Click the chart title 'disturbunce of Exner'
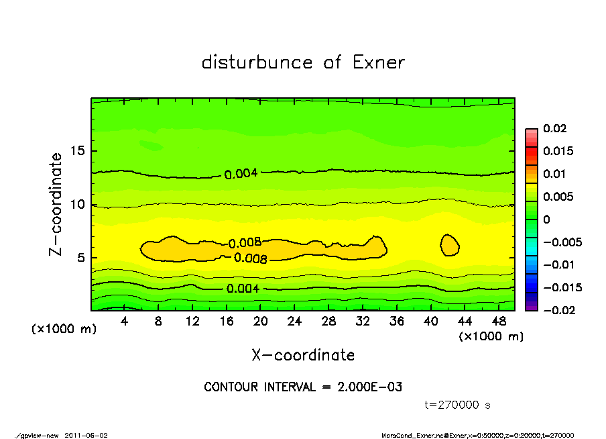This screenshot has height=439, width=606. [x=303, y=62]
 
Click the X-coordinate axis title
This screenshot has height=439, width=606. [x=303, y=354]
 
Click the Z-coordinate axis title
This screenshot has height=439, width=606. [x=56, y=204]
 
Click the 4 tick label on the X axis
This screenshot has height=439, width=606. [x=124, y=322]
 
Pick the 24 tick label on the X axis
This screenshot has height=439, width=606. [x=294, y=322]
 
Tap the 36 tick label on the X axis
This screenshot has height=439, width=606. [x=396, y=322]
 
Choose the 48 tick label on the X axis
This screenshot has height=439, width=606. [x=498, y=322]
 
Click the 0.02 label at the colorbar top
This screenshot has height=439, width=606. [x=554, y=128]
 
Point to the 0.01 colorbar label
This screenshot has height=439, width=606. [x=554, y=174]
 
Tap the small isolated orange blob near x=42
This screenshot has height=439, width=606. [x=449, y=244]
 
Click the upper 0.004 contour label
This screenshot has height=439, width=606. [x=241, y=174]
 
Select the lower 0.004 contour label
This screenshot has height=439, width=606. [x=243, y=289]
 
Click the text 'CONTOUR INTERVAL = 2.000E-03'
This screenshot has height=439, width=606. [x=303, y=387]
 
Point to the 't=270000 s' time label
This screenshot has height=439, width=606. [x=459, y=405]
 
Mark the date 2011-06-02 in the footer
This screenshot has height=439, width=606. [x=86, y=434]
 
